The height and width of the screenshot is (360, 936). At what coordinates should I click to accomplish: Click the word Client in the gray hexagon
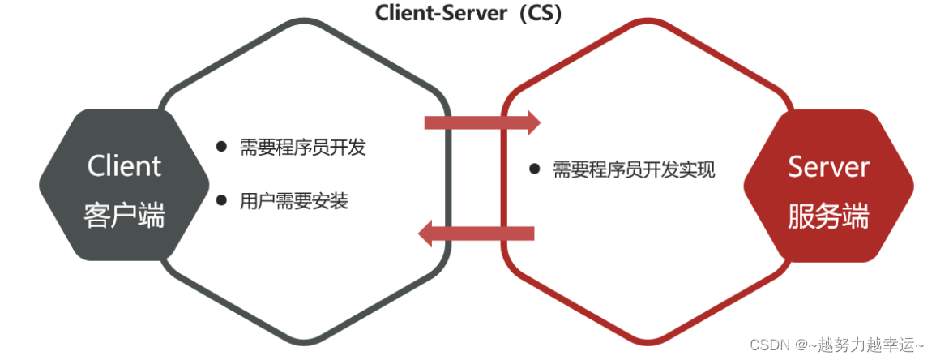point(124,166)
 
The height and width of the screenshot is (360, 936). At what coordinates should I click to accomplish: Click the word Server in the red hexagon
point(828,167)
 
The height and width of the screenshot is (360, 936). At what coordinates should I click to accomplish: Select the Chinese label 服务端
point(828,217)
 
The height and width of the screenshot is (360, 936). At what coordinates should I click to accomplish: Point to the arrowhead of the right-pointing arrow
point(532,122)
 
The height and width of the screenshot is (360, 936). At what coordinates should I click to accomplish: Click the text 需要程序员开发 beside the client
point(302,147)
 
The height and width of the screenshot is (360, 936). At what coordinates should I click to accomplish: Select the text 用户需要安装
point(293,200)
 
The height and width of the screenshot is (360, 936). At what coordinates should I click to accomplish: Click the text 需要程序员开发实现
point(634,169)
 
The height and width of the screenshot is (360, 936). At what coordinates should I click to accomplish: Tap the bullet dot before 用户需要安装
point(221,199)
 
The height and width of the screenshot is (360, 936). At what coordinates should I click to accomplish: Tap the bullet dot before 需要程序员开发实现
point(534,169)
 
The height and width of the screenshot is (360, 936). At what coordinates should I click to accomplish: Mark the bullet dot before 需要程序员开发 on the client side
point(221,147)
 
